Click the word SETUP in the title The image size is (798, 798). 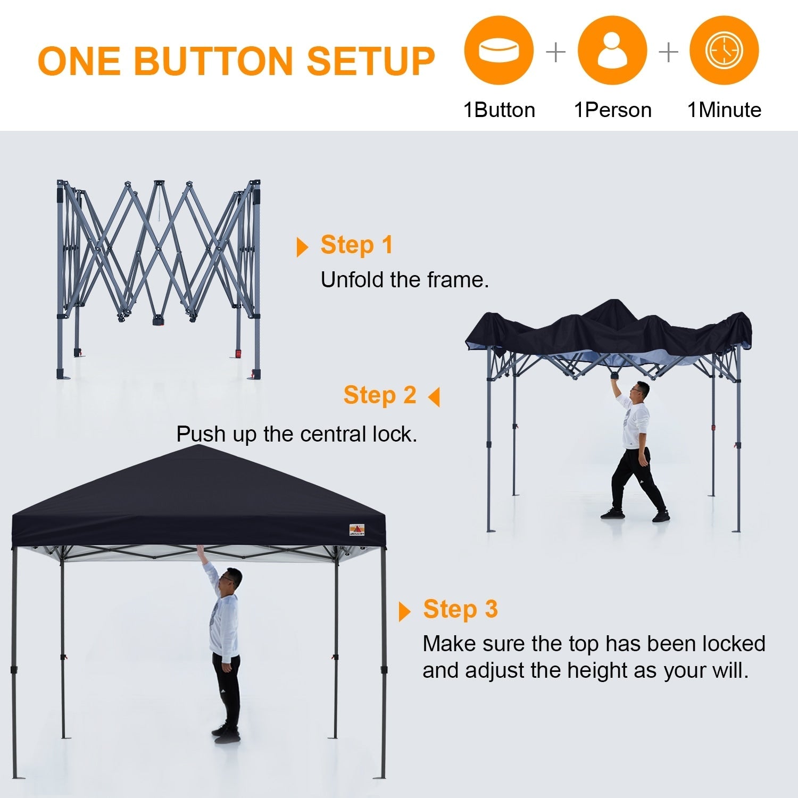371,60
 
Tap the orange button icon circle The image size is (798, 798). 498,51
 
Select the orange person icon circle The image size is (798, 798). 612,51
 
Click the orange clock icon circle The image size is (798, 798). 724,51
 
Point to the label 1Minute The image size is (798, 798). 724,110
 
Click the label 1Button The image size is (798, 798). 499,110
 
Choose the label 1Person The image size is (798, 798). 612,110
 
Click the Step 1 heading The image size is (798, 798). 356,245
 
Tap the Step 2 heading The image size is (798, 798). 379,395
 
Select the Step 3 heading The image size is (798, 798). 460,609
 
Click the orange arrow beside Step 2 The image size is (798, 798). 435,397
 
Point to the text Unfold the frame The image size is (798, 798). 404,280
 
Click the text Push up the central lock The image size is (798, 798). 297,434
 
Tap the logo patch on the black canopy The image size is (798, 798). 356,529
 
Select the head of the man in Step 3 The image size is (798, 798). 232,580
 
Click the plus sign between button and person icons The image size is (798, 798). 555,52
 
